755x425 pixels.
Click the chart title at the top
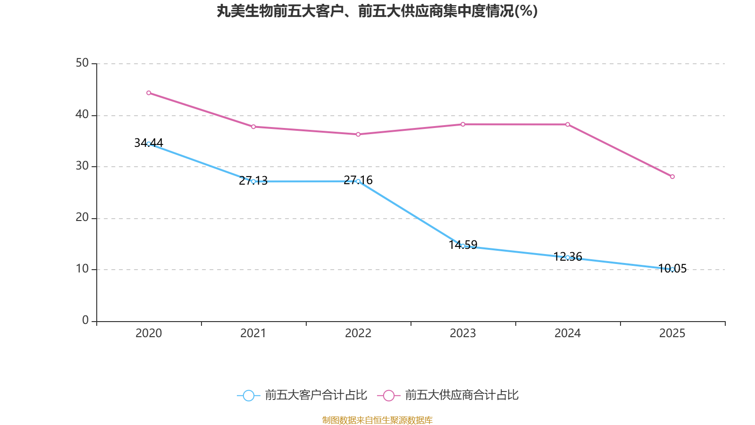[377, 11]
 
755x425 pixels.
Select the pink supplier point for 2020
[149, 93]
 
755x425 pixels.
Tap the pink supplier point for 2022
[358, 135]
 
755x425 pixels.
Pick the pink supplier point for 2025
[672, 177]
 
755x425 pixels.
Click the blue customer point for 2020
[149, 144]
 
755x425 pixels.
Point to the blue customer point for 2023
[463, 246]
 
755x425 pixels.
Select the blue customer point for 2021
[253, 181]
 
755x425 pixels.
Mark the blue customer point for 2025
[672, 269]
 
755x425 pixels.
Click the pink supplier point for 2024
[568, 124]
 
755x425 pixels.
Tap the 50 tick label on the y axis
[82, 63]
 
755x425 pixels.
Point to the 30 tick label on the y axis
[82, 166]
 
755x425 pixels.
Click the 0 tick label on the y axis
[85, 320]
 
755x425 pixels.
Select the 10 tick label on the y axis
[82, 269]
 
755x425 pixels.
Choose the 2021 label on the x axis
[253, 333]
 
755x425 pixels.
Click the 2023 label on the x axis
[463, 333]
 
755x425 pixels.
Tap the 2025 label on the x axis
[672, 333]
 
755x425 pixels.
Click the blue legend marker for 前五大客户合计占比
[248, 396]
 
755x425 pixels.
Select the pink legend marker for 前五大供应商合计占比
[388, 396]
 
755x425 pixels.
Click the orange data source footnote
[377, 420]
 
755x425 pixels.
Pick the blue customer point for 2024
[568, 257]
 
